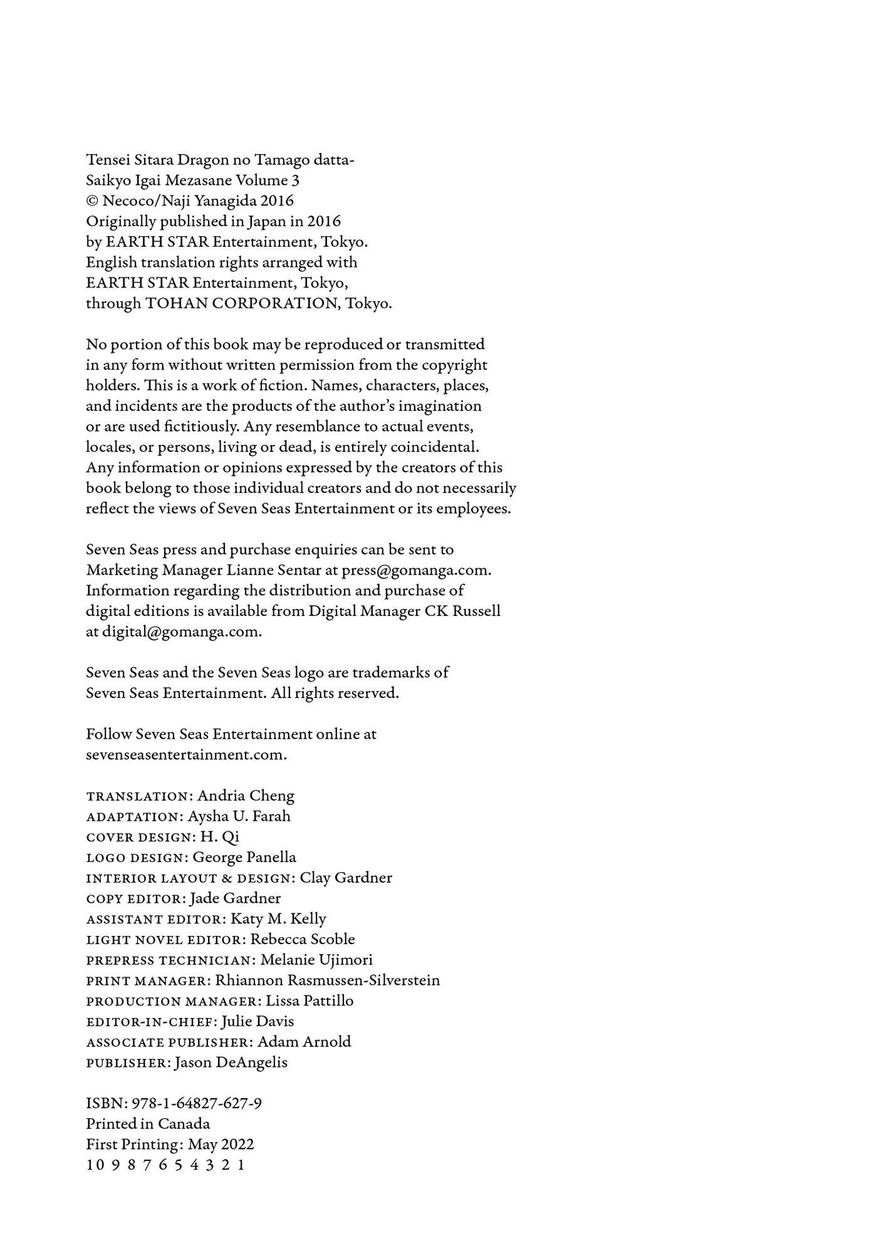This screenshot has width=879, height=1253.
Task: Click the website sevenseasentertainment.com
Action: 185,755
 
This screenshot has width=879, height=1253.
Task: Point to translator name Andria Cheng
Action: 246,796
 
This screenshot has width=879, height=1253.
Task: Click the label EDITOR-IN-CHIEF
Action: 150,1022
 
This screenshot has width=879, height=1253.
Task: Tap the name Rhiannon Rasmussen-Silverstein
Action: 327,980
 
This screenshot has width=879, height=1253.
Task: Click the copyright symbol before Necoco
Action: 91,201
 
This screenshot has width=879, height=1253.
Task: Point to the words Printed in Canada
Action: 148,1124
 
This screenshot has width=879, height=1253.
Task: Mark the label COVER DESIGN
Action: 140,838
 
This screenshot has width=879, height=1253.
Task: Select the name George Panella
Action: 244,857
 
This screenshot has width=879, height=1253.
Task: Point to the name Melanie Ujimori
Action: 316,960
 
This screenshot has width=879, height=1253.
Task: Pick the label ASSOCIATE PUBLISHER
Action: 168,1042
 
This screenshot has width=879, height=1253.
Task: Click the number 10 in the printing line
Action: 94,1165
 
